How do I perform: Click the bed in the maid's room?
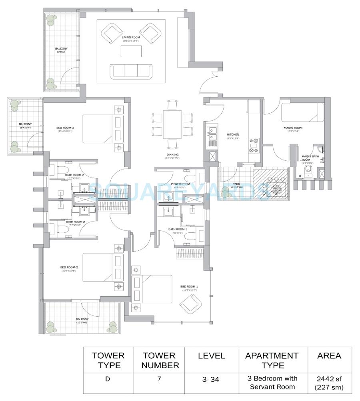coord(302,112)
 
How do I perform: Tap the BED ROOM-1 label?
coord(189,287)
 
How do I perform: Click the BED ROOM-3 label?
coord(64,128)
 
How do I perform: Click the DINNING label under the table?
coord(172,155)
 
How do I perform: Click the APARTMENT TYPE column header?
coord(272,360)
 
